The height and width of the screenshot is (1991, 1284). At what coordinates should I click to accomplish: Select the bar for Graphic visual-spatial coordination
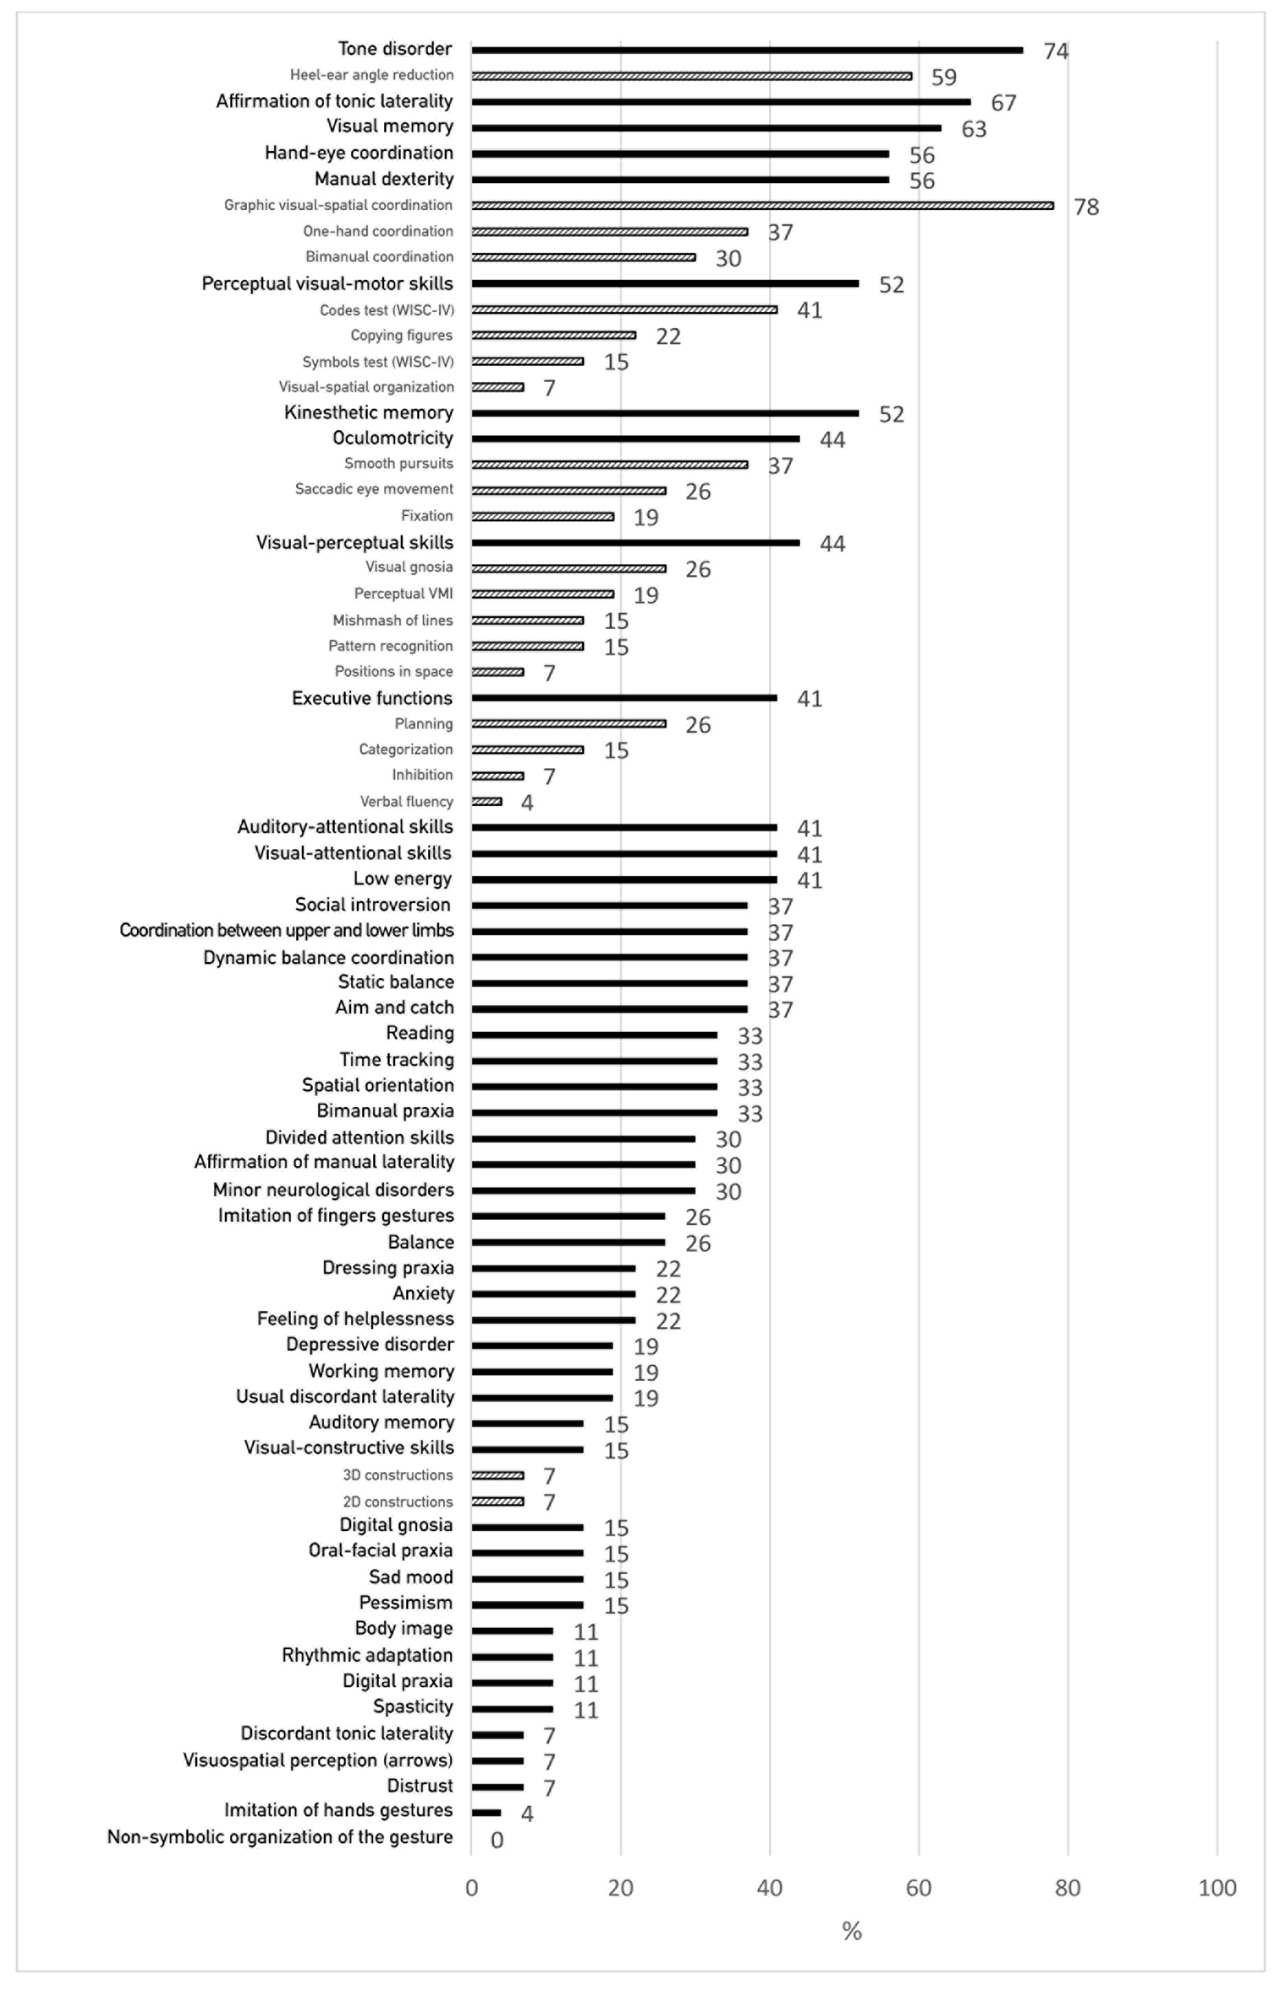[x=762, y=205]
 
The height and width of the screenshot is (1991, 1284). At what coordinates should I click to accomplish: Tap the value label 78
[x=1086, y=207]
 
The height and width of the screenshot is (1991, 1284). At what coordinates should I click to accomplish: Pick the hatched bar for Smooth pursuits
[x=609, y=464]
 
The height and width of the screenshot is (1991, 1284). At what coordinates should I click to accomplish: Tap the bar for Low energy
[x=624, y=880]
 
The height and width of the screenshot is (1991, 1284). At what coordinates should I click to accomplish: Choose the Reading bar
[x=594, y=1035]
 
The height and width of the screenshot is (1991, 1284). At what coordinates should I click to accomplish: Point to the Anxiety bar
[x=553, y=1294]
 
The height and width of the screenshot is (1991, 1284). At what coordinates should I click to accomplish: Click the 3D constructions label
[x=398, y=1475]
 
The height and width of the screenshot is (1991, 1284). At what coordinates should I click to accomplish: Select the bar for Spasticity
[x=512, y=1708]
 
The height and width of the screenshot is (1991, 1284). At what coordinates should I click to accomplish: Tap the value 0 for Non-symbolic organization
[x=497, y=1840]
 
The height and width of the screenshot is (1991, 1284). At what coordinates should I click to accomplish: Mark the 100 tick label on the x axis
[x=1216, y=1888]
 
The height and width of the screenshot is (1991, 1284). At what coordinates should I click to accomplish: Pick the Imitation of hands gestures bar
[x=486, y=1813]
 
